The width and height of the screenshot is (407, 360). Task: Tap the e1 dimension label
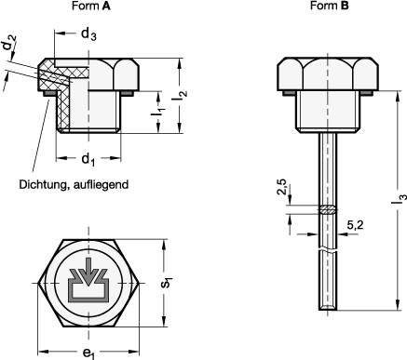(86, 353)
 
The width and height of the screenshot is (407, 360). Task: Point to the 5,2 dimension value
(355, 225)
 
